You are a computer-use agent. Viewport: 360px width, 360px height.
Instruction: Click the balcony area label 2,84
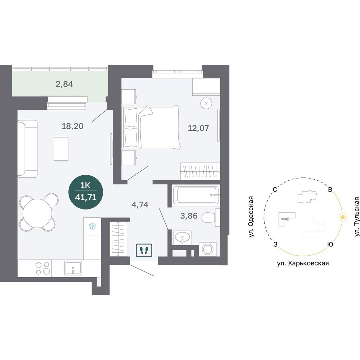point(64,84)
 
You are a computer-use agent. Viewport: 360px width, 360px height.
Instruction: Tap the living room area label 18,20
point(73,126)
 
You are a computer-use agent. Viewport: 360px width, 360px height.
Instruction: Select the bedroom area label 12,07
point(198,128)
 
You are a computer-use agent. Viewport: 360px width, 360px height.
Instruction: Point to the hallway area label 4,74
point(140,204)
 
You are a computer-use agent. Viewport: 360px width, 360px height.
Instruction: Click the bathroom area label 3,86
point(189,216)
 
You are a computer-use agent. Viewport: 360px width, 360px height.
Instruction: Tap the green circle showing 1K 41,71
point(86,192)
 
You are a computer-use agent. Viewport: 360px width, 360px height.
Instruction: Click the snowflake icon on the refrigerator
point(92,226)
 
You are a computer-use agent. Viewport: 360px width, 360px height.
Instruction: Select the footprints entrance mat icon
point(144,250)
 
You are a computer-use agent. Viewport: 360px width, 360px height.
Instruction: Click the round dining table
point(37,213)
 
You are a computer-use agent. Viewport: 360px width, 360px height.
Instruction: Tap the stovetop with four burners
point(43,268)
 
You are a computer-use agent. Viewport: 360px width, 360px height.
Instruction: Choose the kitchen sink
point(73,268)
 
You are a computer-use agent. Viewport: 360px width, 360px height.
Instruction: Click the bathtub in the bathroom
point(195,195)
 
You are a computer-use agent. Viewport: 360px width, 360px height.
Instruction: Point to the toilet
point(211,217)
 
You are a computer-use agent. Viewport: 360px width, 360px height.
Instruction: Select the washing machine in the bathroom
point(208,249)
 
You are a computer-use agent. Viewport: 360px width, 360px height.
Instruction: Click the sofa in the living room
point(27,149)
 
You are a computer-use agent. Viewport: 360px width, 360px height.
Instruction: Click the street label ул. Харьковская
point(303,264)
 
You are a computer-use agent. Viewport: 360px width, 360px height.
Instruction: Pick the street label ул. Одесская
point(251,217)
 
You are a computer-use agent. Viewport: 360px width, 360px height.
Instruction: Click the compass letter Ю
point(330,244)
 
